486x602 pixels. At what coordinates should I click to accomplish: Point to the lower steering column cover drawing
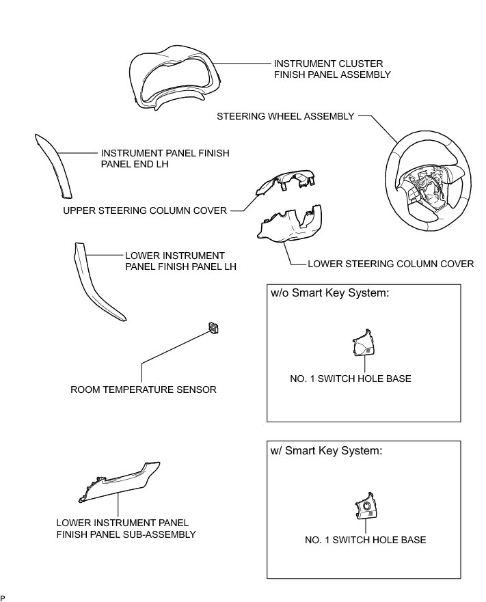click(x=291, y=228)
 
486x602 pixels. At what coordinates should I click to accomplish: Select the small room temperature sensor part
click(x=215, y=328)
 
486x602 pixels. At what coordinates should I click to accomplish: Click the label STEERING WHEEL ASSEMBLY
click(x=286, y=116)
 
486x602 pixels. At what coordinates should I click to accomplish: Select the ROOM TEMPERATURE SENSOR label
click(x=144, y=390)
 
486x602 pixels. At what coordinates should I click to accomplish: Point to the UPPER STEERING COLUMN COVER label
click(x=145, y=210)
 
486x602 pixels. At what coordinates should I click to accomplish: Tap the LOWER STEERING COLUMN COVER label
click(x=391, y=264)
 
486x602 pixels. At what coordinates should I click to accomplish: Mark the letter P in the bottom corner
click(x=3, y=598)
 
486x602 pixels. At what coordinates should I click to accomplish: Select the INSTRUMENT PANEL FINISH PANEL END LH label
click(x=165, y=159)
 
